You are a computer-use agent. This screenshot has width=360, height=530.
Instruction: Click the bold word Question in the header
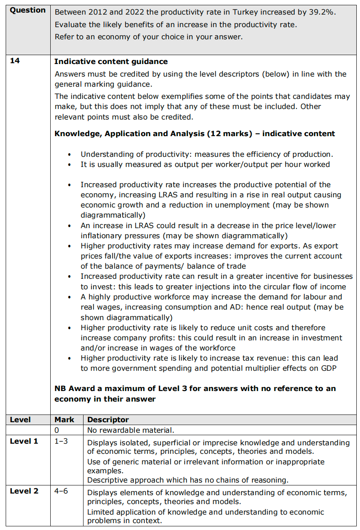click(28, 11)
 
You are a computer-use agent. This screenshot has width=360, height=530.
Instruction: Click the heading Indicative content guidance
click(111, 62)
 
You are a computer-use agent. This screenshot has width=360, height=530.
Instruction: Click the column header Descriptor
click(108, 420)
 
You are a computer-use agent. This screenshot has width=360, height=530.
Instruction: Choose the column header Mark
click(64, 420)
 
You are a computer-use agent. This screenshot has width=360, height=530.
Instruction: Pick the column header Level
click(20, 420)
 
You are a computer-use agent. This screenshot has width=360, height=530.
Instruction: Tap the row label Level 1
click(24, 441)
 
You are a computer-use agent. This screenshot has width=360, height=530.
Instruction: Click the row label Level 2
click(24, 491)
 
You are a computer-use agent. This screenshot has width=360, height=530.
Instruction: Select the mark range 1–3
click(61, 441)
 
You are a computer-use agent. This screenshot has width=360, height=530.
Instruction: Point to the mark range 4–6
click(61, 491)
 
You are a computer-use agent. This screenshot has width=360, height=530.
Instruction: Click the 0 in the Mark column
click(57, 430)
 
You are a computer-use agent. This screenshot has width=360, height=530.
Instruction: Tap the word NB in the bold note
click(60, 389)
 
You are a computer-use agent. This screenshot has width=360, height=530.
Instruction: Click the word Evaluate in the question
click(69, 25)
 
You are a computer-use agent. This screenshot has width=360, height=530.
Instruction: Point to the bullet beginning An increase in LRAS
click(71, 226)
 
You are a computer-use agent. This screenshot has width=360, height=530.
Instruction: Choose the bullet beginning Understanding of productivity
click(71, 154)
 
